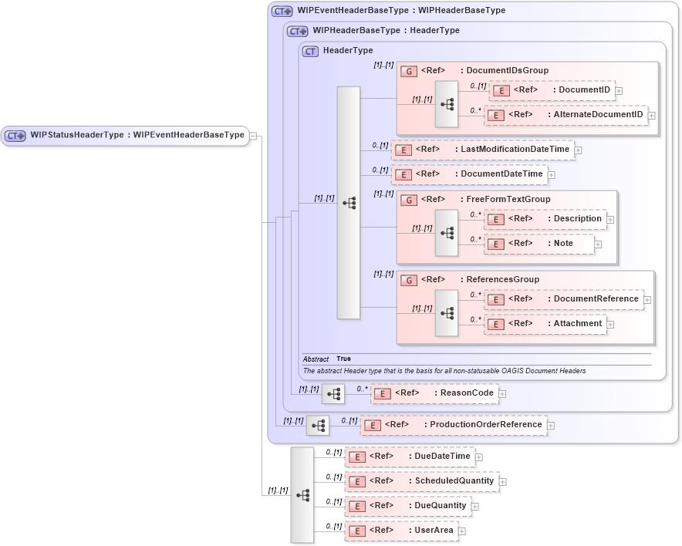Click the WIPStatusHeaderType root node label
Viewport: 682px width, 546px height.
click(x=137, y=135)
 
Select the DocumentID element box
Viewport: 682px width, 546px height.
click(x=552, y=90)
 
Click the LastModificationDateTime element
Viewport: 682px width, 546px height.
click(x=482, y=150)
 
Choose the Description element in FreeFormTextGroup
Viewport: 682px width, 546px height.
click(x=545, y=219)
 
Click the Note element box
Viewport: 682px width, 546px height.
click(x=539, y=244)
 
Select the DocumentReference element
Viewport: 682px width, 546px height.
click(x=563, y=299)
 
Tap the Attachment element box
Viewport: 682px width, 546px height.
click(x=545, y=324)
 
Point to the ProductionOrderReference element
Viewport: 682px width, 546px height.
click(x=453, y=425)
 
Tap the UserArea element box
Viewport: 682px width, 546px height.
click(x=400, y=531)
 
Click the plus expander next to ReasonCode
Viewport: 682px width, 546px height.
click(x=502, y=393)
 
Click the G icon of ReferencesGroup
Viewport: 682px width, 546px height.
click(x=410, y=280)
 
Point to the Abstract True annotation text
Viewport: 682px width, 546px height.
click(x=327, y=359)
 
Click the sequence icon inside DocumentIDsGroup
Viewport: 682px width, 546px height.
click(x=447, y=103)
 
